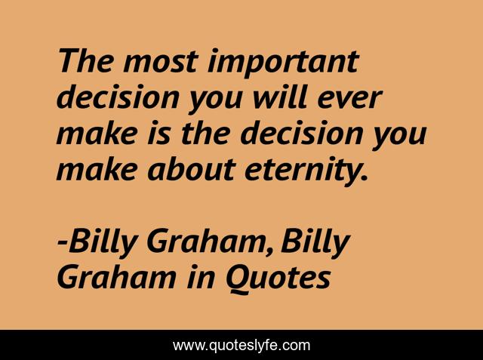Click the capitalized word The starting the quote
click(x=82, y=61)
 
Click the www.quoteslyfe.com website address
click(x=241, y=346)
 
